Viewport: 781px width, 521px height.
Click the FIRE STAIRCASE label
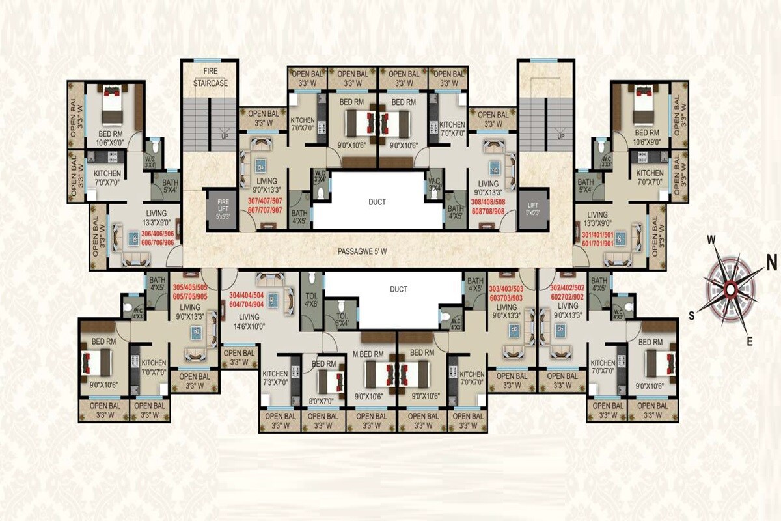coord(210,76)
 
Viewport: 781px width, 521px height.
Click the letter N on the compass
coord(772,262)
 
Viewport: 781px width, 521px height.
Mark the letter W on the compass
coord(711,240)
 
